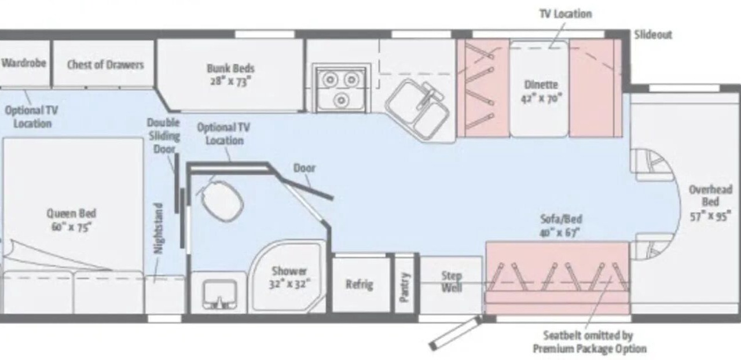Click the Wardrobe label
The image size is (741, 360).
point(24,63)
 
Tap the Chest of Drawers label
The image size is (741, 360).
point(105,64)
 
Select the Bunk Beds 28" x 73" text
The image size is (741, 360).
point(230,75)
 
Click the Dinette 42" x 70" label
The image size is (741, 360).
point(541,91)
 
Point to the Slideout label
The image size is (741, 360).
point(653,35)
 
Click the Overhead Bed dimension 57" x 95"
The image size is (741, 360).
point(710,216)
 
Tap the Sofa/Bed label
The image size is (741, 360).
point(561,219)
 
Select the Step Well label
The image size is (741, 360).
point(452,282)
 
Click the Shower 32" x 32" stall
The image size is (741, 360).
point(287,277)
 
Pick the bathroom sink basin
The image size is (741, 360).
point(219,294)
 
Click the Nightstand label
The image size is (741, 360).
point(159,229)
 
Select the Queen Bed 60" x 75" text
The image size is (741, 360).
point(71,220)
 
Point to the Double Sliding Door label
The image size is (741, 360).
point(163,135)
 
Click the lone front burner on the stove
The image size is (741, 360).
point(341,100)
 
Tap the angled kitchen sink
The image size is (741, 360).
point(417,110)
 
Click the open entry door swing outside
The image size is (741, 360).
point(455,333)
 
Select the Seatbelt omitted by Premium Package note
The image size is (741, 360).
point(589,342)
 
